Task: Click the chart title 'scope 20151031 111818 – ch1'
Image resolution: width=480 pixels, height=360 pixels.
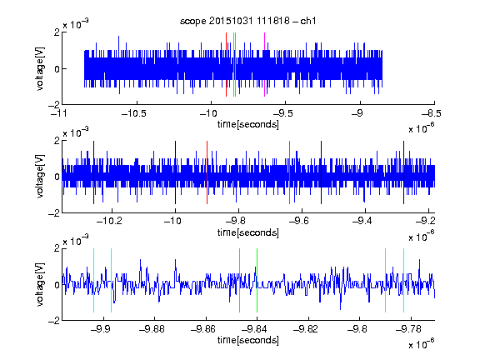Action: pyautogui.click(x=248, y=21)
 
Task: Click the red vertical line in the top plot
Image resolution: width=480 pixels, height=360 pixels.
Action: pyautogui.click(x=226, y=65)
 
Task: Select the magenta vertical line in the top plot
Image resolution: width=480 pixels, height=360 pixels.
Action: pyautogui.click(x=264, y=65)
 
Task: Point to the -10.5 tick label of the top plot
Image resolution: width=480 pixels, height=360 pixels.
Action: pyautogui.click(x=134, y=113)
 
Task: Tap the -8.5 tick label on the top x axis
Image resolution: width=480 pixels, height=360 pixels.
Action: pyautogui.click(x=432, y=113)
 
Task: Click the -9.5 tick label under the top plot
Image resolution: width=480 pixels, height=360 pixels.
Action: pyautogui.click(x=282, y=113)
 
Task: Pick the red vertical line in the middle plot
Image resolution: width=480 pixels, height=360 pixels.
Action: pyautogui.click(x=207, y=172)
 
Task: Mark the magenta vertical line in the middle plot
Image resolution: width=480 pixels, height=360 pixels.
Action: pyautogui.click(x=290, y=172)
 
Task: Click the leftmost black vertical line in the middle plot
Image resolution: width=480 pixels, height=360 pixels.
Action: pyautogui.click(x=93, y=172)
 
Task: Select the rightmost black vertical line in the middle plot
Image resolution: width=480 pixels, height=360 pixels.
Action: pyautogui.click(x=404, y=172)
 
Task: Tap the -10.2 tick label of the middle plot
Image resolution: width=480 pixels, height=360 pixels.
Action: pyautogui.click(x=109, y=221)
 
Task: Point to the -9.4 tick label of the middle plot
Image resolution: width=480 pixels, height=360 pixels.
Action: pyautogui.click(x=362, y=221)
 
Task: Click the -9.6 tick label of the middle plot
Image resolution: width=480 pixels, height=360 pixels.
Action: pyautogui.click(x=298, y=221)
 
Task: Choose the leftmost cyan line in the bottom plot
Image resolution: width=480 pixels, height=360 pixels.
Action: pyautogui.click(x=93, y=280)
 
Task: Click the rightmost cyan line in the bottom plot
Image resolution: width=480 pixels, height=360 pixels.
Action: pyautogui.click(x=404, y=280)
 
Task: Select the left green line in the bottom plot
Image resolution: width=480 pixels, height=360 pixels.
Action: pyautogui.click(x=240, y=280)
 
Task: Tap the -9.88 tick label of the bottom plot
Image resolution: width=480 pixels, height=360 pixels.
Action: pyautogui.click(x=152, y=329)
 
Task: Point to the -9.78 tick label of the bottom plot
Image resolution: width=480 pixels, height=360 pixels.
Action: pyautogui.click(x=408, y=329)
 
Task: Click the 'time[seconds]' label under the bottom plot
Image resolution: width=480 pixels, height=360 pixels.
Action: pyautogui.click(x=248, y=340)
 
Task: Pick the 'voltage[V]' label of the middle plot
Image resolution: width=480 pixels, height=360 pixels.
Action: pyautogui.click(x=40, y=177)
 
